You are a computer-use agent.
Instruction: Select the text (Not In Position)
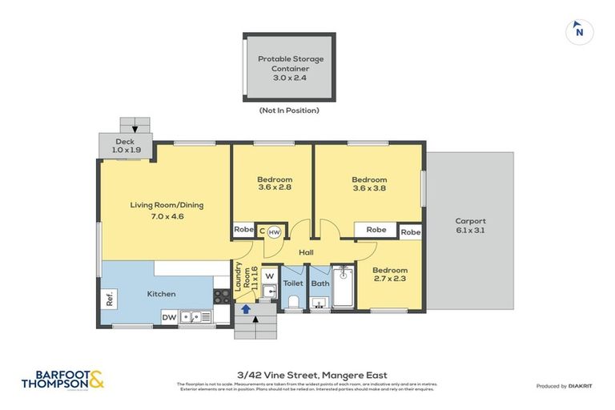[289, 111]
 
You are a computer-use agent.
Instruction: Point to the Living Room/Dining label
[167, 210]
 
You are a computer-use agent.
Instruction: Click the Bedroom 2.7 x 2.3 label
[390, 275]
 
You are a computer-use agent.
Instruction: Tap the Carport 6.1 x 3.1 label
[470, 226]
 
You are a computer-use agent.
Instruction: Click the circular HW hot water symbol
[274, 231]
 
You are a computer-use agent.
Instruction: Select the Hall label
[306, 252]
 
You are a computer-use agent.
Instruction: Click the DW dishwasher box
[169, 318]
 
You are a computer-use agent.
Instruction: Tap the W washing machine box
[269, 278]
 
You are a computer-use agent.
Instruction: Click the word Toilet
[292, 283]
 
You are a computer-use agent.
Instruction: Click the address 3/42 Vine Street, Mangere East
[307, 375]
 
